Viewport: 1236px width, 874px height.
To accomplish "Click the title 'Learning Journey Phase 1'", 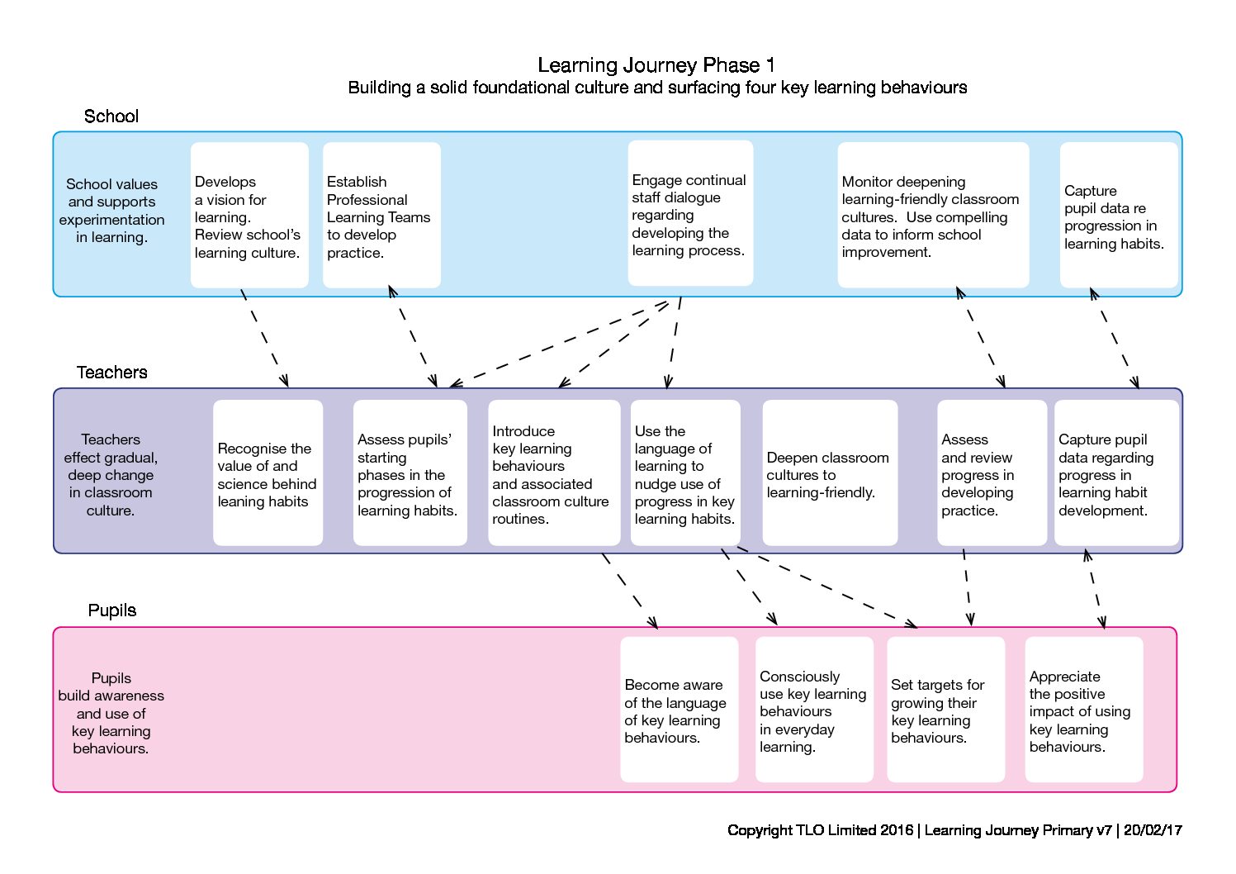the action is [x=656, y=65].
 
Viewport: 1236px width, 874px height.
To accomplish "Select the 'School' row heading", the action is [x=111, y=116].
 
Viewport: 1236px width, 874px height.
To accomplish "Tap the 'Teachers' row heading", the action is [x=111, y=372].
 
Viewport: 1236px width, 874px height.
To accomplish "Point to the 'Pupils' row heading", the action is [x=112, y=610].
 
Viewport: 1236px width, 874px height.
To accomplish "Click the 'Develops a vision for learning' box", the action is [x=249, y=215].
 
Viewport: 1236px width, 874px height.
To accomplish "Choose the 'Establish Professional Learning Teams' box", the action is [x=381, y=215].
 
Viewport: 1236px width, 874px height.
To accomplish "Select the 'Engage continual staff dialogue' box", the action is [x=690, y=213].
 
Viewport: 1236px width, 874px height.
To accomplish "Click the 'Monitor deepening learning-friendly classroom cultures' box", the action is [x=933, y=215].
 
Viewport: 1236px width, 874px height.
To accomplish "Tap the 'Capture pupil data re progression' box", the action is [x=1119, y=215].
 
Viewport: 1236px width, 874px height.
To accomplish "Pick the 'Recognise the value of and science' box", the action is [x=268, y=473].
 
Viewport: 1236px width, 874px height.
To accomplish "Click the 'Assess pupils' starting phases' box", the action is [x=410, y=473].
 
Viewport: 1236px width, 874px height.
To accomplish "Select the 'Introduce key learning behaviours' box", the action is [x=554, y=473].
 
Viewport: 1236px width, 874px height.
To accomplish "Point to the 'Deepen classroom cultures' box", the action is [x=830, y=473].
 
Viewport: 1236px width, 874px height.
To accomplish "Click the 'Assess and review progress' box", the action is [x=992, y=473].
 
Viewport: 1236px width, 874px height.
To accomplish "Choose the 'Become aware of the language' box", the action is [x=680, y=710].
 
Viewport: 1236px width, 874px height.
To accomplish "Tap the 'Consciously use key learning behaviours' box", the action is [x=814, y=710].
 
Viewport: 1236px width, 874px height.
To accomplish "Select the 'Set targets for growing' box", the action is [x=945, y=710].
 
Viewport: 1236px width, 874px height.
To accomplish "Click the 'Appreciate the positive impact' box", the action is [x=1084, y=710].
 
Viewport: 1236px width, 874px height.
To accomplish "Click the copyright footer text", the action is [x=954, y=830].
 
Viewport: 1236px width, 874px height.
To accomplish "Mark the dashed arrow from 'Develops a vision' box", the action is [x=264, y=337].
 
